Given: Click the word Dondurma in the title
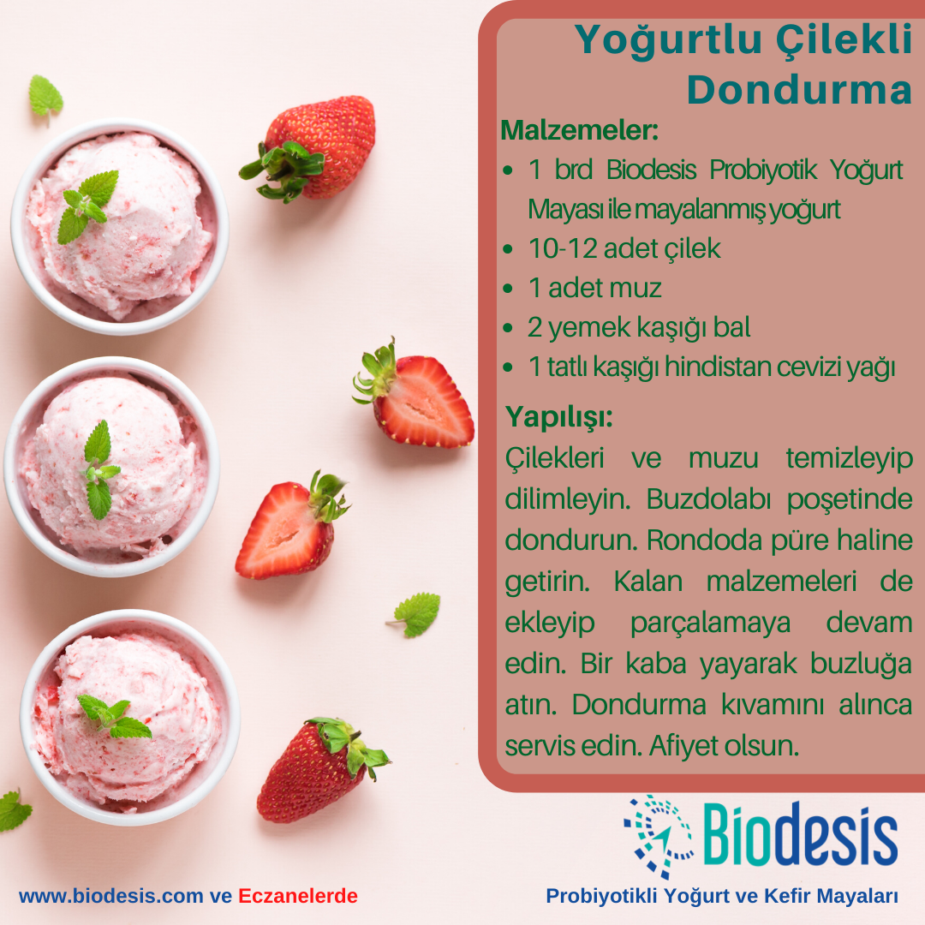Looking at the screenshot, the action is (799, 90).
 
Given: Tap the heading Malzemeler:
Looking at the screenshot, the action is (579, 130).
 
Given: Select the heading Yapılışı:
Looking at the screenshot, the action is (559, 417).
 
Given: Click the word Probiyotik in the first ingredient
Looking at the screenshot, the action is (763, 170).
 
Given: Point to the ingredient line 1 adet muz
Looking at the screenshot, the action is (594, 288).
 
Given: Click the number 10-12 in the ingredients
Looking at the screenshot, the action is (563, 248).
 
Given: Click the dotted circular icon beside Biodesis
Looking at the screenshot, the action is (659, 836).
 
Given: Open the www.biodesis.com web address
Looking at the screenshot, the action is (110, 896).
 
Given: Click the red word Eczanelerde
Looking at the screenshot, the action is (298, 896).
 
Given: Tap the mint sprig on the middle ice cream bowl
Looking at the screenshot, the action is (99, 470).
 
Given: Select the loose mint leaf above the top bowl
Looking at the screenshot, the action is (45, 97).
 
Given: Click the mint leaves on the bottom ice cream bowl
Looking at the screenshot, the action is (114, 715).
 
